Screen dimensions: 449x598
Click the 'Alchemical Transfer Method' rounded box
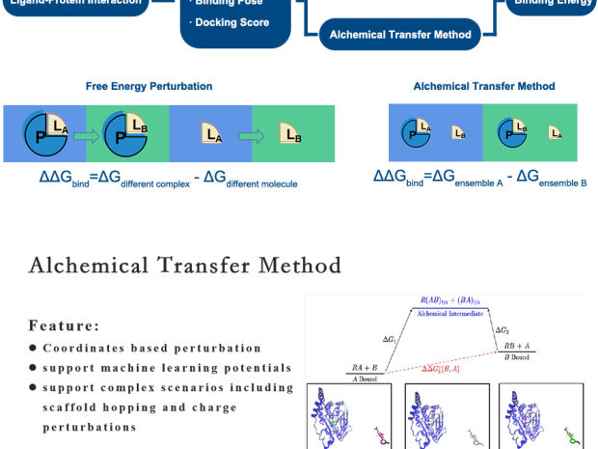(400, 36)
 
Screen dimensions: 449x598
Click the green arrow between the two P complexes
(88, 132)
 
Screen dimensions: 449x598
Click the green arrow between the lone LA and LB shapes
(241, 132)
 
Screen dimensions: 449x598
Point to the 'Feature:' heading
(64, 325)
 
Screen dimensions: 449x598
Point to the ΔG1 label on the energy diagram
(387, 338)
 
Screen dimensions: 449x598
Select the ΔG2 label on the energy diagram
(516, 331)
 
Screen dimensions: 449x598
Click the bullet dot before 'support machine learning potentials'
(32, 368)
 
